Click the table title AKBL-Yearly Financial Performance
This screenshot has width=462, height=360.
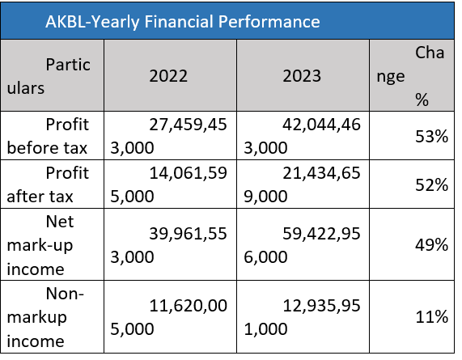pyautogui.click(x=183, y=22)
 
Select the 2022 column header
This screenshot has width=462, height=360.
pyautogui.click(x=168, y=76)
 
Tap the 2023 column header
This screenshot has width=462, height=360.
pyautogui.click(x=302, y=76)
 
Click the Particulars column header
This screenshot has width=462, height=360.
pyautogui.click(x=49, y=76)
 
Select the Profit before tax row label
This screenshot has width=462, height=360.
pyautogui.click(x=48, y=136)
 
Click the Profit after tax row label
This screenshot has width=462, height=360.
pyautogui.click(x=48, y=184)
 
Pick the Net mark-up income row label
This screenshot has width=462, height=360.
pyautogui.click(x=40, y=245)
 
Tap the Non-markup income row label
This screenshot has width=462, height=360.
pyautogui.click(x=45, y=317)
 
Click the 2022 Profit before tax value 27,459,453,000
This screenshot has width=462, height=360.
pyautogui.click(x=168, y=136)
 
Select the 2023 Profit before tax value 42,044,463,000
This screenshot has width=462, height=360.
pyautogui.click(x=302, y=136)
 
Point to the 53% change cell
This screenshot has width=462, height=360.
pyautogui.click(x=431, y=136)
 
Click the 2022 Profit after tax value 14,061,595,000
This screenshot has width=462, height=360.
pyautogui.click(x=168, y=184)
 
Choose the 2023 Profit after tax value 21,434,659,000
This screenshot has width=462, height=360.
pyautogui.click(x=302, y=184)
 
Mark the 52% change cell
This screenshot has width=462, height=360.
pyautogui.click(x=431, y=185)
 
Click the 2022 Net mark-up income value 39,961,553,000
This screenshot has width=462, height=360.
pyautogui.click(x=168, y=245)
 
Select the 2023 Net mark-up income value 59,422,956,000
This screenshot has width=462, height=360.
pyautogui.click(x=302, y=245)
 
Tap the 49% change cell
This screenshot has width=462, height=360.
pyautogui.click(x=431, y=245)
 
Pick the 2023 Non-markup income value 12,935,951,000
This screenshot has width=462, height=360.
pyautogui.click(x=302, y=317)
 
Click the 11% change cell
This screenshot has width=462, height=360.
pyautogui.click(x=431, y=317)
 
